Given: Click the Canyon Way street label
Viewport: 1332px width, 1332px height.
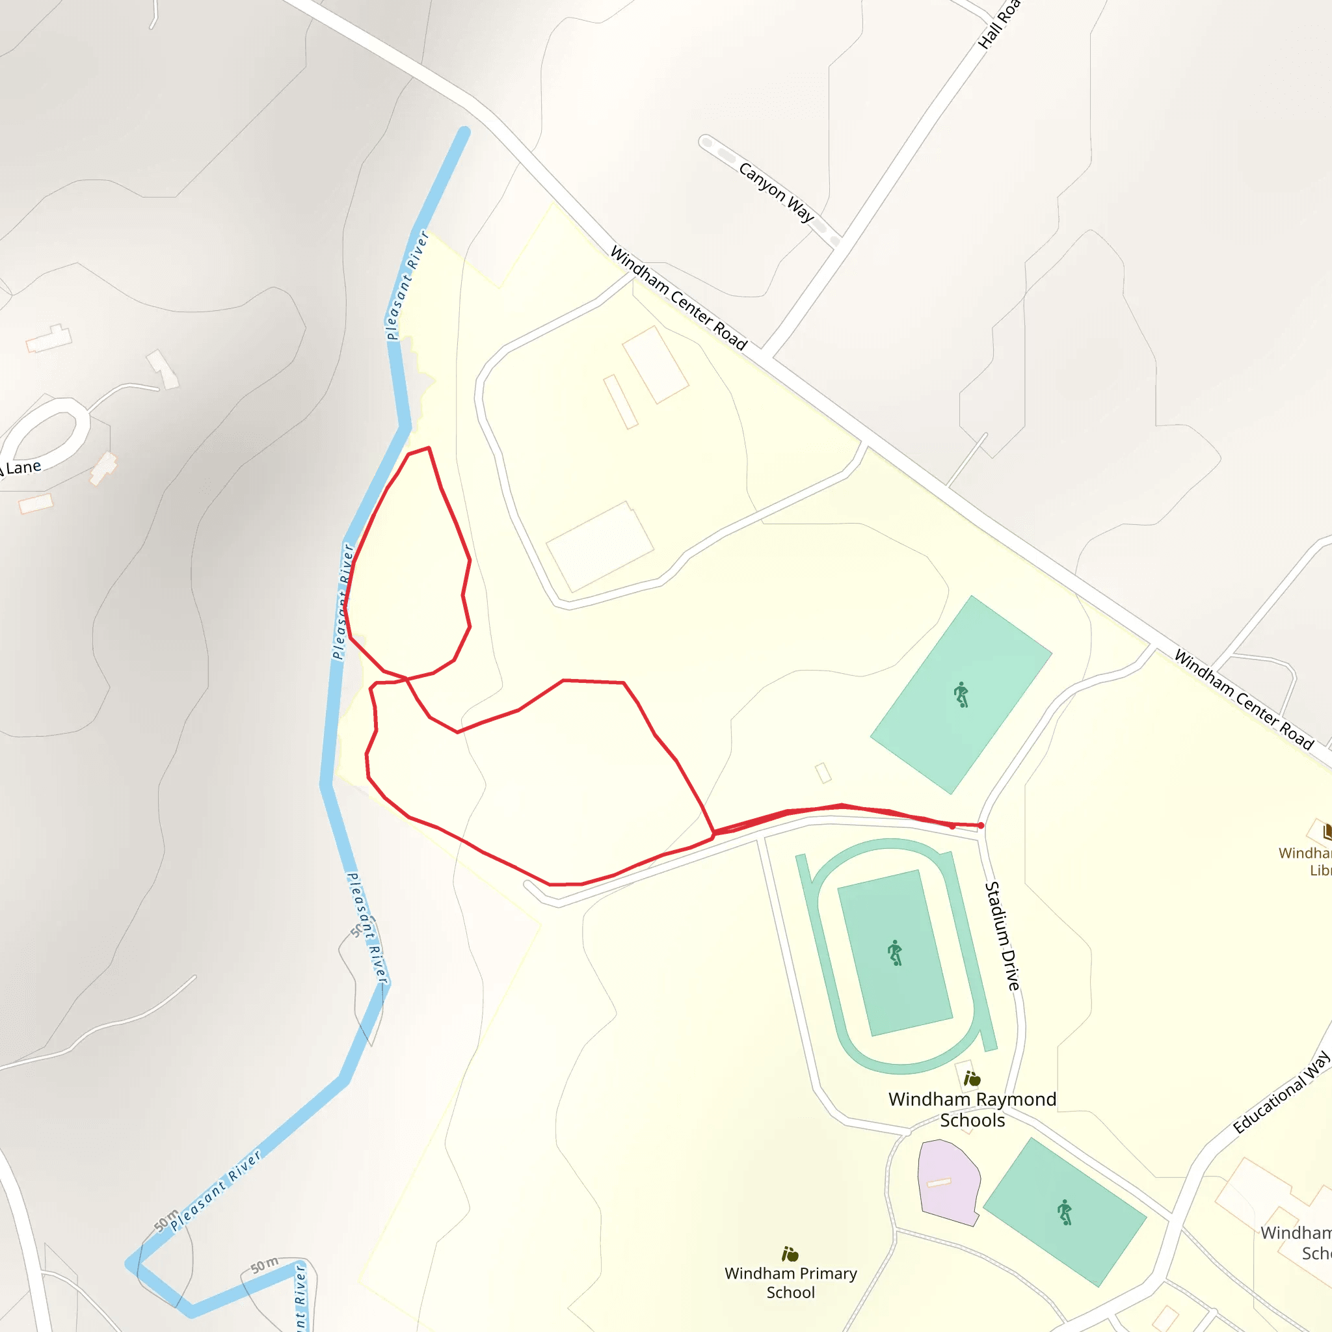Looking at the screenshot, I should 777,192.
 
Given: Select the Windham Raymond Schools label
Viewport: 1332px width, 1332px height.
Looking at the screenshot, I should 972,1110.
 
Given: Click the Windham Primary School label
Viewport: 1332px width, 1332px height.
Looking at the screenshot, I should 791,1283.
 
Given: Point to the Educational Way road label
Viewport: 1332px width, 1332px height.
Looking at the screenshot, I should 1281,1092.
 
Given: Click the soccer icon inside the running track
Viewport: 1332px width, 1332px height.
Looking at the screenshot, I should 895,953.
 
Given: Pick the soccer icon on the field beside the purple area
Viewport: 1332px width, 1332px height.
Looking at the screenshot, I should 1065,1212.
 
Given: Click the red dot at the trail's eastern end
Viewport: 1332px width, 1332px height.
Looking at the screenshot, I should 981,825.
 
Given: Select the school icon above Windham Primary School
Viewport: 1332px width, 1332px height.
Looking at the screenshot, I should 790,1253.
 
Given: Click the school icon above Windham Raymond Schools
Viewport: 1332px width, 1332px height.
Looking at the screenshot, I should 972,1078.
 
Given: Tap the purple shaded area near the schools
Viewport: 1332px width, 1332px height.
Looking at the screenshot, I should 948,1181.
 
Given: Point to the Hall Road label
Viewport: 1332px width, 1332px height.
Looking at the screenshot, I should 999,24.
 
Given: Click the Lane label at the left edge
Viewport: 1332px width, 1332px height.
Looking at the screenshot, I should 22,468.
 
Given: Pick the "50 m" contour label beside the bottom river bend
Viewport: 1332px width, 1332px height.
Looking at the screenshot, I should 264,1265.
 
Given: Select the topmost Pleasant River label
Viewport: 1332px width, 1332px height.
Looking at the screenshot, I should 407,286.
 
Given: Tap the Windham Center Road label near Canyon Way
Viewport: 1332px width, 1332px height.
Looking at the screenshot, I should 678,299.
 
